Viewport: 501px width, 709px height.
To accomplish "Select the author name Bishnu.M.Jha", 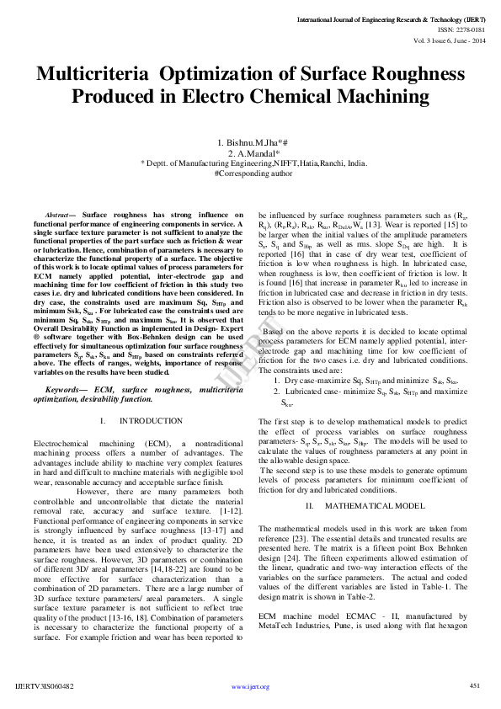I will (x=254, y=142).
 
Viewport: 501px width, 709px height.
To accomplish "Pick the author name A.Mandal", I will (x=255, y=153).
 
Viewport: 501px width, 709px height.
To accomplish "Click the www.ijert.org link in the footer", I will (x=250, y=686).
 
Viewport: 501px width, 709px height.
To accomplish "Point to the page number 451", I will (x=474, y=685).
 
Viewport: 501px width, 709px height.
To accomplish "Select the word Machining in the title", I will (x=374, y=96).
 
